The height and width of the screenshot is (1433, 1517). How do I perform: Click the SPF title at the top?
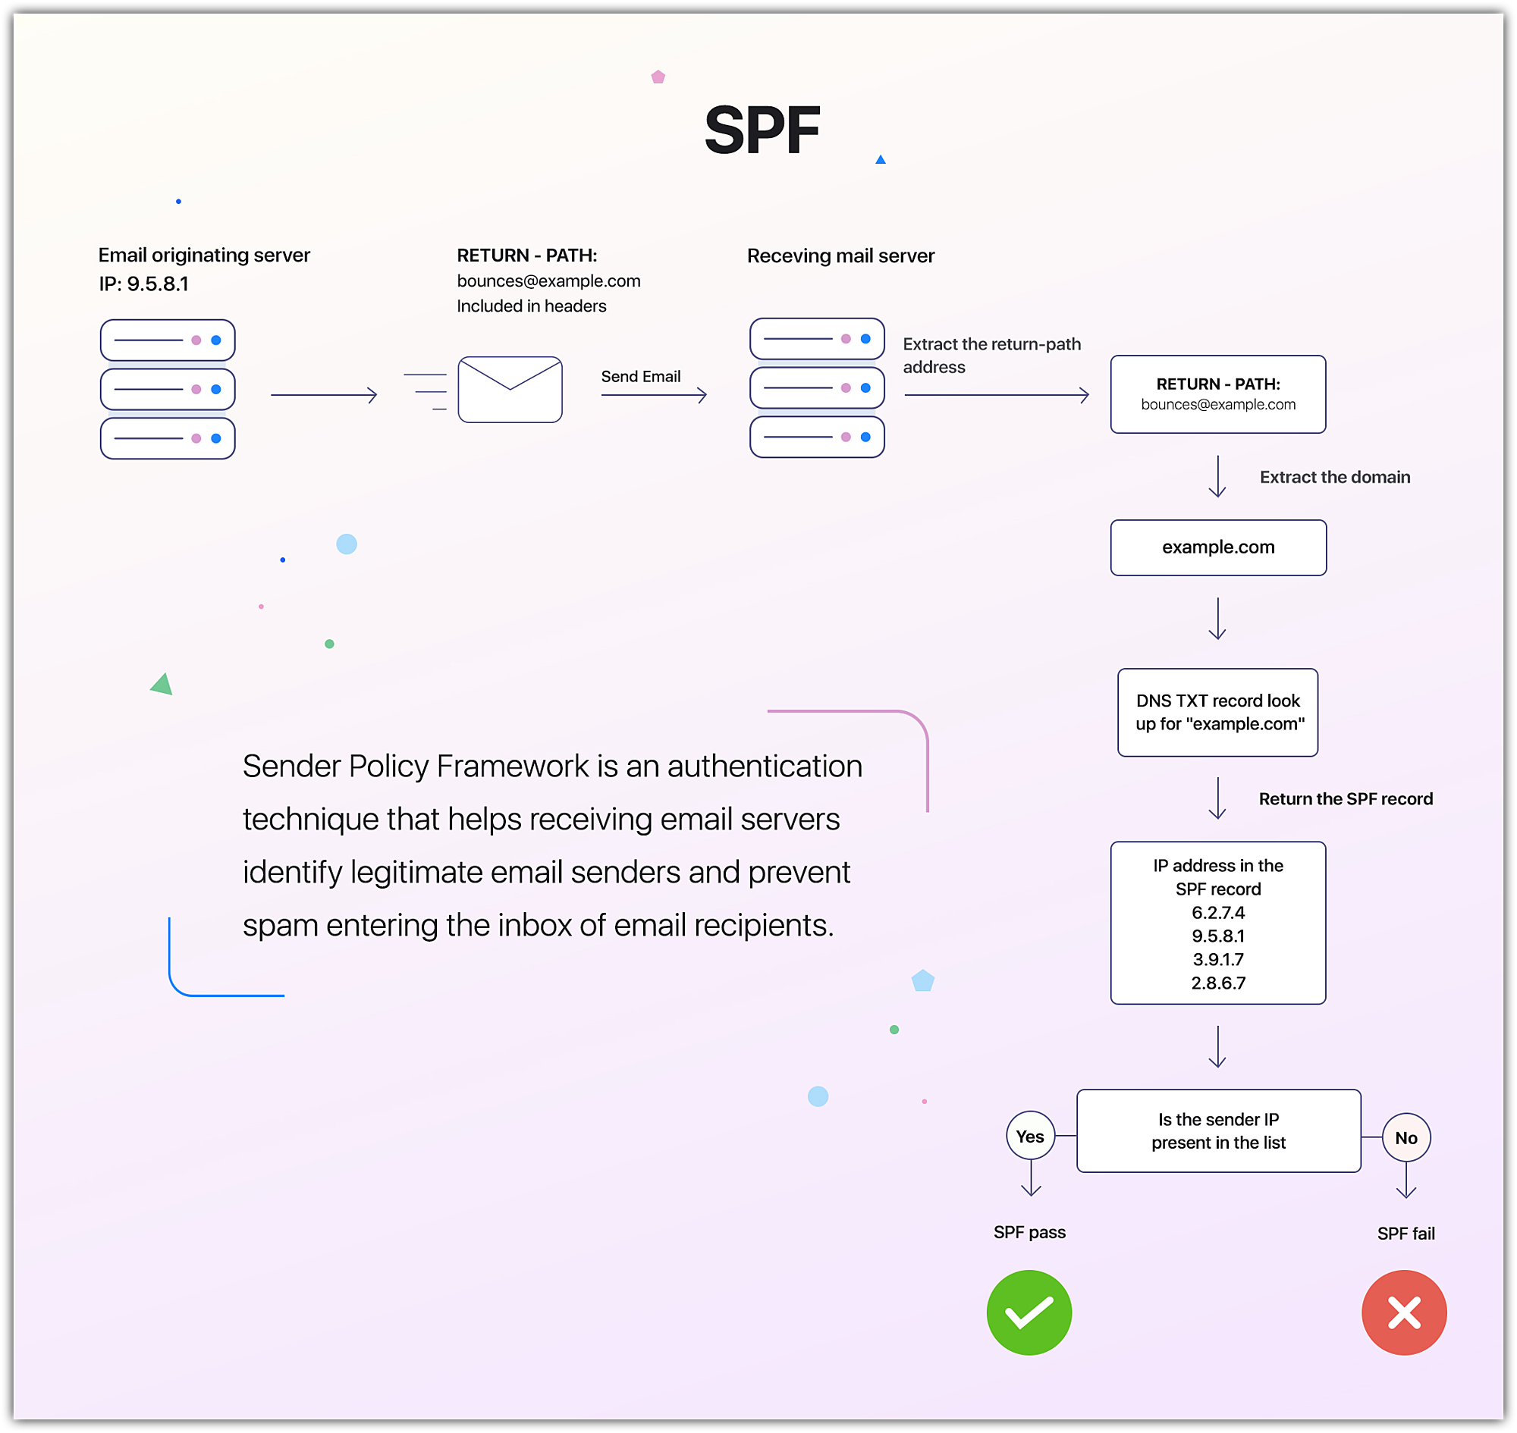point(762,130)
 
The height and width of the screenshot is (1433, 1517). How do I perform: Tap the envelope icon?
point(510,390)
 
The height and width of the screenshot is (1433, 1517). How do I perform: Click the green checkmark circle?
point(1029,1312)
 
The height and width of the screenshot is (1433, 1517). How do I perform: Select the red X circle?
point(1404,1312)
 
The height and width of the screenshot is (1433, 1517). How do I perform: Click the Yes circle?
point(1030,1136)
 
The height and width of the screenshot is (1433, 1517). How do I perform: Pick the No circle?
point(1406,1137)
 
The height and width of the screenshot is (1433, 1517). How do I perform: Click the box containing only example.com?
point(1218,547)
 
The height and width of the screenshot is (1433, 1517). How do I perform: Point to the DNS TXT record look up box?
point(1217,712)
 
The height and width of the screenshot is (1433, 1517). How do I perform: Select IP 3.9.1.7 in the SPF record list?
point(1218,958)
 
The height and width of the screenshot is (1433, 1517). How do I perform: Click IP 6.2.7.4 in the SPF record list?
point(1218,912)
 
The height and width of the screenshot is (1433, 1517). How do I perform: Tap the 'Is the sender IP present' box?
point(1218,1130)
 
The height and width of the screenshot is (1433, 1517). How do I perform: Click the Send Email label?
point(640,377)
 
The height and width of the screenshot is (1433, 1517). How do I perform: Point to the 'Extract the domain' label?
point(1334,477)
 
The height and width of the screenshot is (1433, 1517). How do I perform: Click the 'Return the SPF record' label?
point(1345,798)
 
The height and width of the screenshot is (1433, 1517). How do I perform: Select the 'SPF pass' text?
point(1029,1232)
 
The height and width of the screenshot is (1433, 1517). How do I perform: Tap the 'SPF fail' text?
point(1406,1234)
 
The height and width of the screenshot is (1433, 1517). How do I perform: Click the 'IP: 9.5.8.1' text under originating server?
point(143,284)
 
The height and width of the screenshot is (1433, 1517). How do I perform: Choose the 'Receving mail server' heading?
point(840,256)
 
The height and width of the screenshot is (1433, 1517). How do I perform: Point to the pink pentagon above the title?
point(658,77)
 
